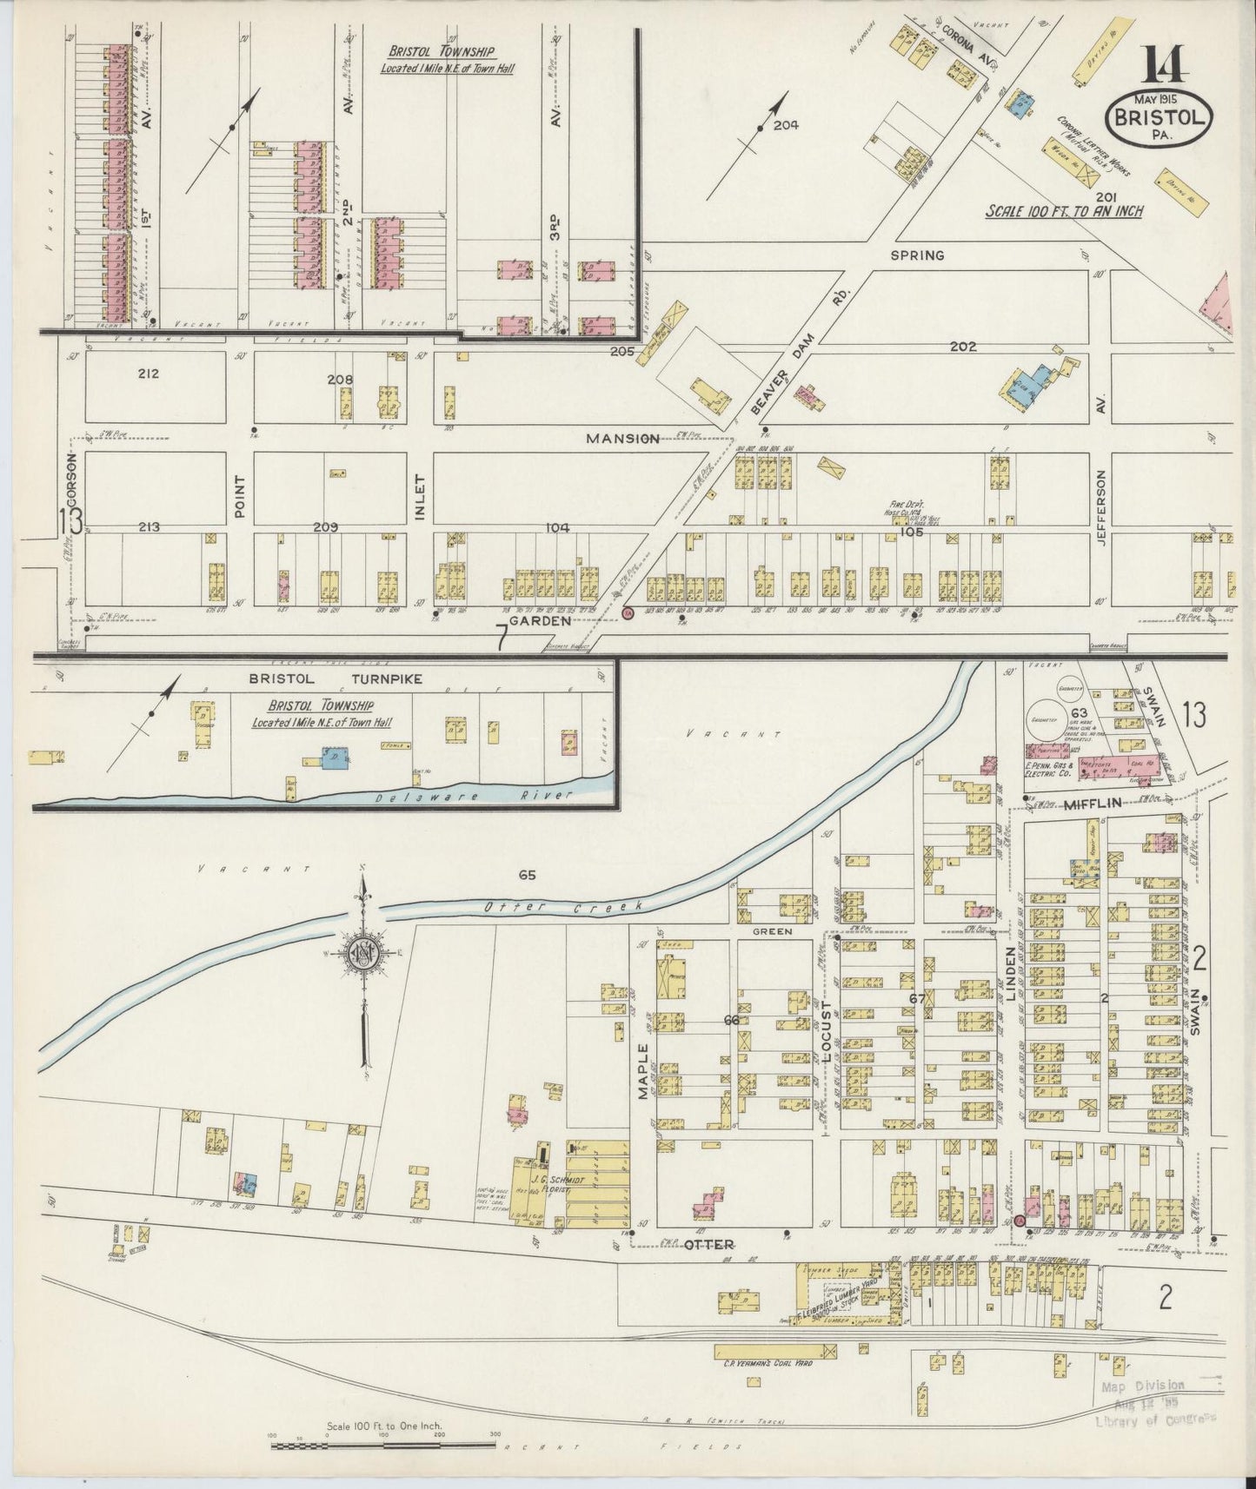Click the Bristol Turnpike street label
click(336, 678)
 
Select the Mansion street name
click(622, 439)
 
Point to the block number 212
click(149, 374)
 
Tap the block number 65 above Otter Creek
click(526, 875)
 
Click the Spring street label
click(916, 255)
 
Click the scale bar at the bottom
click(383, 1446)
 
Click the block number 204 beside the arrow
click(785, 125)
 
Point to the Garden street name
click(540, 621)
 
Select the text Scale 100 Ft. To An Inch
click(1064, 211)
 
